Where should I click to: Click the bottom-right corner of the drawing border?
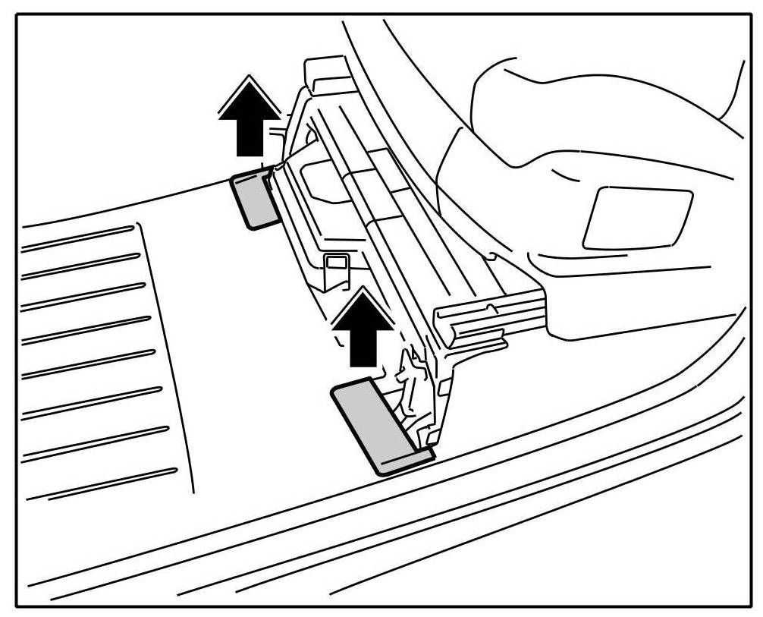747,605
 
